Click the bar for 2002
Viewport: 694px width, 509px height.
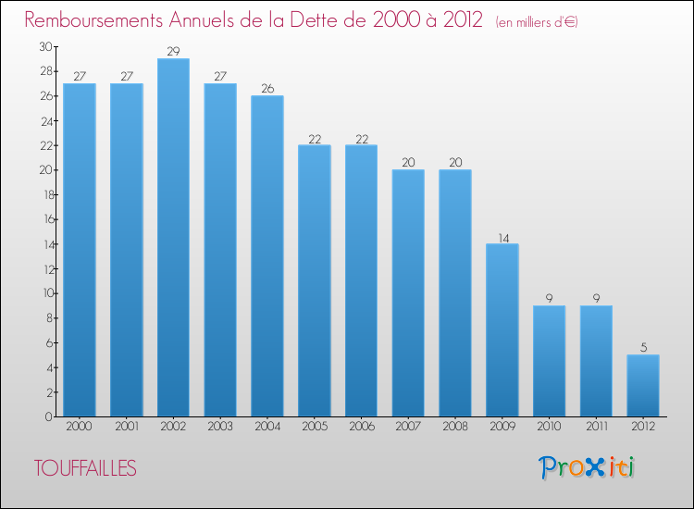coord(173,238)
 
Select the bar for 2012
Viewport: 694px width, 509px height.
coord(643,386)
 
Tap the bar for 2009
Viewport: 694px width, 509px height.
coord(502,330)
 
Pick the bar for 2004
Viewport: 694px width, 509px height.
coord(267,256)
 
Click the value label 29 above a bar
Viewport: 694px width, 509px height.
coord(173,51)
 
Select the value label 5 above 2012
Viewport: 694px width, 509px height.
coord(643,347)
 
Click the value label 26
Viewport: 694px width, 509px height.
coord(267,88)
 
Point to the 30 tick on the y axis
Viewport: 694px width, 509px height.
coord(45,46)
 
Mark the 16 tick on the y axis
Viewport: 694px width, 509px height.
coord(45,219)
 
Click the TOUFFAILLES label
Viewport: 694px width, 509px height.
coord(85,468)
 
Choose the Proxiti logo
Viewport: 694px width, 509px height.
coord(587,467)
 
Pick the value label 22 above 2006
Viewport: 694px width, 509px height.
coord(361,138)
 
